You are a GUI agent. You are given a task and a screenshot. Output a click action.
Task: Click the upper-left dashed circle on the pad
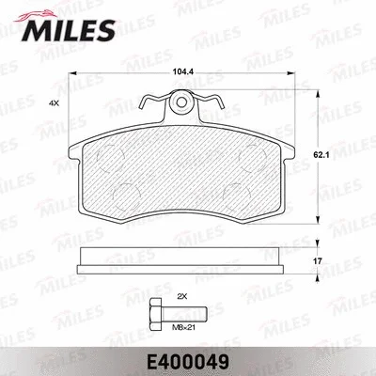point(117,156)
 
